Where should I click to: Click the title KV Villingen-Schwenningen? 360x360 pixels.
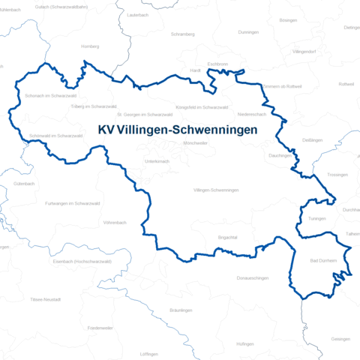pyautogui.click(x=178, y=129)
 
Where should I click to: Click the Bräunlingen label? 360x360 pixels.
pyautogui.click(x=181, y=310)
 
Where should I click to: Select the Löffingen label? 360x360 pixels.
pyautogui.click(x=149, y=353)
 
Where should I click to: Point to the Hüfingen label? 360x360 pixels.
pyautogui.click(x=244, y=343)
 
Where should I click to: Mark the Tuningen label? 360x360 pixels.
pyautogui.click(x=317, y=218)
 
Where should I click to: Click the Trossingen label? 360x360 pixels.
pyautogui.click(x=338, y=174)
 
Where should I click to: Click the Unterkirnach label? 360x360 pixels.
pyautogui.click(x=157, y=161)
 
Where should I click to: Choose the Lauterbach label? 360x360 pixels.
pyautogui.click(x=139, y=15)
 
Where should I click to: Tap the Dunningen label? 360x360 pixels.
pyautogui.click(x=248, y=32)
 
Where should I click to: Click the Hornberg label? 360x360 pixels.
pyautogui.click(x=90, y=46)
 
